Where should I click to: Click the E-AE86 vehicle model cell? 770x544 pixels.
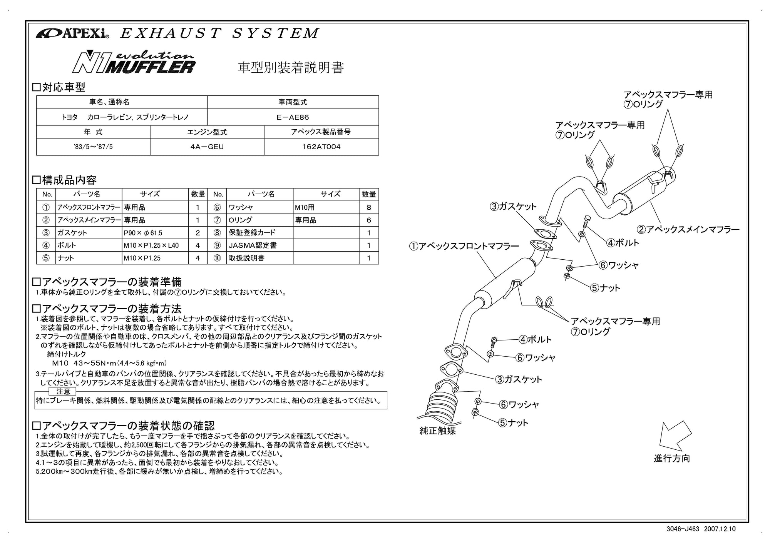pos(293,117)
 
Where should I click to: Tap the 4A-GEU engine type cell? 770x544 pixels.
pos(207,147)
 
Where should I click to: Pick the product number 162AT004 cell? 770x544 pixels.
pos(321,147)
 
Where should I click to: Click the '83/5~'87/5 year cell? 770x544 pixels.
pos(93,147)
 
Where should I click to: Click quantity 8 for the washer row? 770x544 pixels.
pos(369,207)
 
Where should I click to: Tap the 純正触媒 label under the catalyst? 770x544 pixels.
pos(437,431)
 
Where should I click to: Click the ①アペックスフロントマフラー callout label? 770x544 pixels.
pos(464,246)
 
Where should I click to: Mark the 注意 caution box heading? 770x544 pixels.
pos(63,391)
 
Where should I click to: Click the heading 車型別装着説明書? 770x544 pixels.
pos(291,68)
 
